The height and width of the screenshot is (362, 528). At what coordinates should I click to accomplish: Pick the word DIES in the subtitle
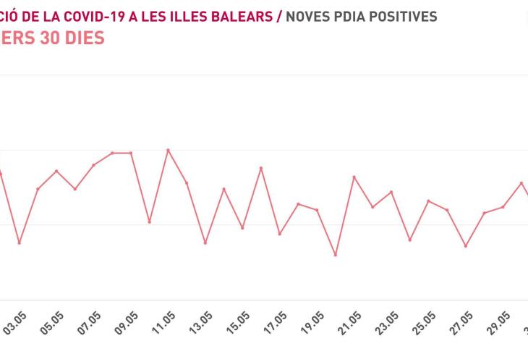(x=80, y=38)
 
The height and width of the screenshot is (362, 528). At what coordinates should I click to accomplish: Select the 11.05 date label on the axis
(x=165, y=323)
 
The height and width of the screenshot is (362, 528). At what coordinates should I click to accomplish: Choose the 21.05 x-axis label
(x=352, y=323)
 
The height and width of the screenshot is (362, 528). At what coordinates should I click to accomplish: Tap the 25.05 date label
(x=426, y=323)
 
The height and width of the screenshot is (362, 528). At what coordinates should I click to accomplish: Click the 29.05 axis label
(x=501, y=323)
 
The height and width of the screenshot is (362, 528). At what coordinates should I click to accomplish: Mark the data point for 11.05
(x=168, y=150)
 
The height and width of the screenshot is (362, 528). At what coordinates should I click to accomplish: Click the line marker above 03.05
(x=20, y=243)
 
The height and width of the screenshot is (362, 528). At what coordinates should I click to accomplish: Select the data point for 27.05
(x=466, y=246)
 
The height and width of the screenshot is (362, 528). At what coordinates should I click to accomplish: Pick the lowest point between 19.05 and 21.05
(x=336, y=255)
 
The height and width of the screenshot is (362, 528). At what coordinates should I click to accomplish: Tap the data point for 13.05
(x=205, y=243)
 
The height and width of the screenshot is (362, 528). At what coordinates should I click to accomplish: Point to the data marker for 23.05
(x=391, y=192)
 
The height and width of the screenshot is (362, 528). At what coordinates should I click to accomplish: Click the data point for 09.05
(x=131, y=153)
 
